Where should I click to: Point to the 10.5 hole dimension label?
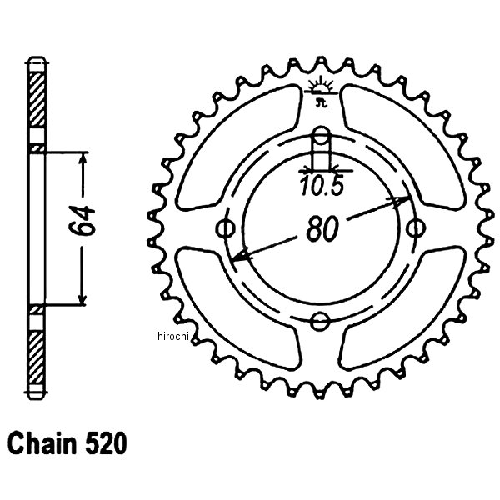[x=321, y=186]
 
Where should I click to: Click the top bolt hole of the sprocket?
[x=321, y=136]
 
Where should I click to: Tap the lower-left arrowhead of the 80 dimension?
[x=238, y=257]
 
